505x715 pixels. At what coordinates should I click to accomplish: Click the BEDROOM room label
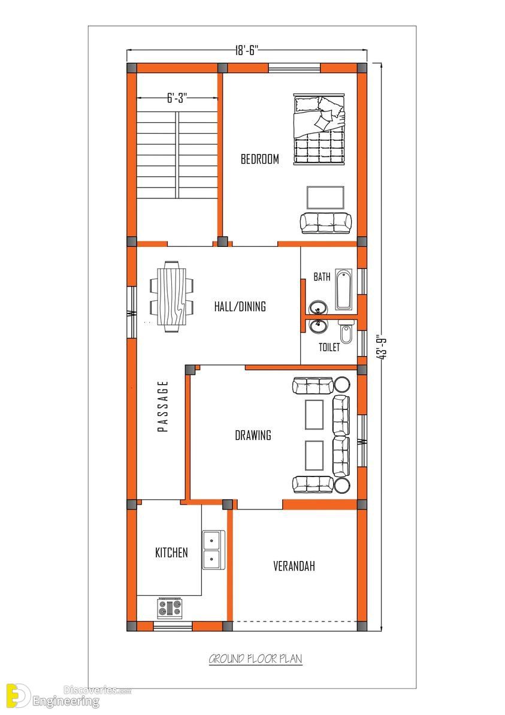(x=260, y=159)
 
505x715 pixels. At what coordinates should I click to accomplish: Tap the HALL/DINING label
(x=240, y=306)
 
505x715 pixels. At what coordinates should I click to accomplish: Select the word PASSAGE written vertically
(x=163, y=406)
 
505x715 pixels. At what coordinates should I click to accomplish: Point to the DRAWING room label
(x=253, y=436)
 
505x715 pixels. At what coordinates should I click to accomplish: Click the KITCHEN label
(x=171, y=553)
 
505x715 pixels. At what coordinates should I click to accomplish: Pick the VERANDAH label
(x=294, y=566)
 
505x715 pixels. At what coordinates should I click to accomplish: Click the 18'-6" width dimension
(x=247, y=50)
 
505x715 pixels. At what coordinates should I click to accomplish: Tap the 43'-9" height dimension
(x=382, y=348)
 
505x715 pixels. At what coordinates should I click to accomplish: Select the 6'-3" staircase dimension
(x=177, y=98)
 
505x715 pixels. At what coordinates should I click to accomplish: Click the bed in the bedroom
(x=319, y=129)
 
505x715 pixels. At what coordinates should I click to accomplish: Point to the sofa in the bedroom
(x=326, y=223)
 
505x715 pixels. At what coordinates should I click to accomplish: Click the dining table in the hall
(x=172, y=295)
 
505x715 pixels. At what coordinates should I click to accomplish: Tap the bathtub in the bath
(x=344, y=289)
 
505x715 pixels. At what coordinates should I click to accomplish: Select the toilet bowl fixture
(x=346, y=333)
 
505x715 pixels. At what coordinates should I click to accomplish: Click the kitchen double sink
(x=213, y=550)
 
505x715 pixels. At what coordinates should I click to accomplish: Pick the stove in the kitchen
(x=170, y=608)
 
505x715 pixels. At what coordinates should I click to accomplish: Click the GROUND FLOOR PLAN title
(x=255, y=659)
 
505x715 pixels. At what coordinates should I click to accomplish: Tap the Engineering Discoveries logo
(x=68, y=696)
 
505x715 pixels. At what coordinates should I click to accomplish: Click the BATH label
(x=322, y=277)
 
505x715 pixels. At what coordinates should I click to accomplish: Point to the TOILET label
(x=329, y=348)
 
